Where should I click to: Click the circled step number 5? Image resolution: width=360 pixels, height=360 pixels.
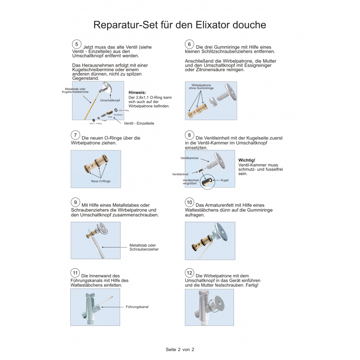coord(76,44)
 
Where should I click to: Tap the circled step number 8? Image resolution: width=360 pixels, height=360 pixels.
coord(189,135)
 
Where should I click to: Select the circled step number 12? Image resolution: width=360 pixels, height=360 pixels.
coord(189,273)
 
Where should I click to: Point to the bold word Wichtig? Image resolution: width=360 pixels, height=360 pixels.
coord(246,160)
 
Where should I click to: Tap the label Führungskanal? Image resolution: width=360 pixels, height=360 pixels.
coord(137,307)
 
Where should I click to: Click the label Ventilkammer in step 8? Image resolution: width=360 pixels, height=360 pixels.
coord(189,158)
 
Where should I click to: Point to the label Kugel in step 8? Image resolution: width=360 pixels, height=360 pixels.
coord(225,180)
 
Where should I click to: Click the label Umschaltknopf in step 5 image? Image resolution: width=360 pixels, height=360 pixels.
coord(110,100)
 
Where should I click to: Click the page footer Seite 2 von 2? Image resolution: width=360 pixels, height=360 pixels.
coord(180,349)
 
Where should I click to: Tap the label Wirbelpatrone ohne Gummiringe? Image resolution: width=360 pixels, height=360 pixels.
coord(202,86)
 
